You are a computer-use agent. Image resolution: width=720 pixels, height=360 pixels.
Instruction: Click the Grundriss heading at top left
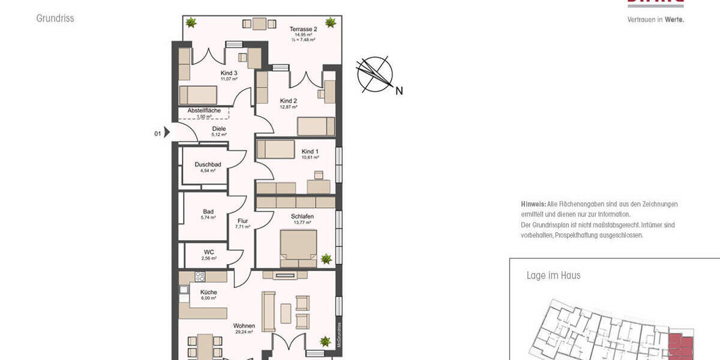(x=55, y=19)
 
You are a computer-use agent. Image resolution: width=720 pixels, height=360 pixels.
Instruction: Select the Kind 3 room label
(x=229, y=73)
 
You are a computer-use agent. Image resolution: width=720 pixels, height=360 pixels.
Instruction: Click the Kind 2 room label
(x=289, y=101)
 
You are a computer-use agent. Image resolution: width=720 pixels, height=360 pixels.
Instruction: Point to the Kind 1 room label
(x=310, y=151)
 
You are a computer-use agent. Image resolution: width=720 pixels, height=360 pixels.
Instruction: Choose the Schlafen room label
(x=302, y=216)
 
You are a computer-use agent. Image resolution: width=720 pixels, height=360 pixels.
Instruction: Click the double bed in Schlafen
(x=298, y=248)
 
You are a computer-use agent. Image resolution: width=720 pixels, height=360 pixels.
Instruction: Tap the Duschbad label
(x=208, y=164)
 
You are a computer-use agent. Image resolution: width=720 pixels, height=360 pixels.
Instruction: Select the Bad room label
(x=208, y=211)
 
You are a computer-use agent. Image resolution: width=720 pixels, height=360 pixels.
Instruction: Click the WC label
(x=209, y=252)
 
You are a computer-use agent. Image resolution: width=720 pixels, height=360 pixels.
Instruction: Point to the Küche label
(x=209, y=292)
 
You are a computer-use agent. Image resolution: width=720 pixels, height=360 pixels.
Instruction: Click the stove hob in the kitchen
(x=200, y=277)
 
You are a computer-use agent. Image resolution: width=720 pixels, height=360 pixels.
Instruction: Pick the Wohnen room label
(x=244, y=326)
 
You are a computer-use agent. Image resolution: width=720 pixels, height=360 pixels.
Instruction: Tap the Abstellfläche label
(x=204, y=110)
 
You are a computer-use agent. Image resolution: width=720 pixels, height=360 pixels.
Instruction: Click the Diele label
(x=219, y=128)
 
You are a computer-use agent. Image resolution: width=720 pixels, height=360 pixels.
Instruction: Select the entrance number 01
(x=158, y=133)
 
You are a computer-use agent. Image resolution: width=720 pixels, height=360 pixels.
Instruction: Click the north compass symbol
(x=374, y=74)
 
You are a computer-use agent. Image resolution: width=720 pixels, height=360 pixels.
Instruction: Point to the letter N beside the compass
(x=399, y=91)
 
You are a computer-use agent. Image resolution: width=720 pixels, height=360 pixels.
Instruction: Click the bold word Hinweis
(x=533, y=204)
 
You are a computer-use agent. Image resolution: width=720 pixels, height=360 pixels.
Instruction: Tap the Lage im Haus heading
(x=553, y=275)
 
